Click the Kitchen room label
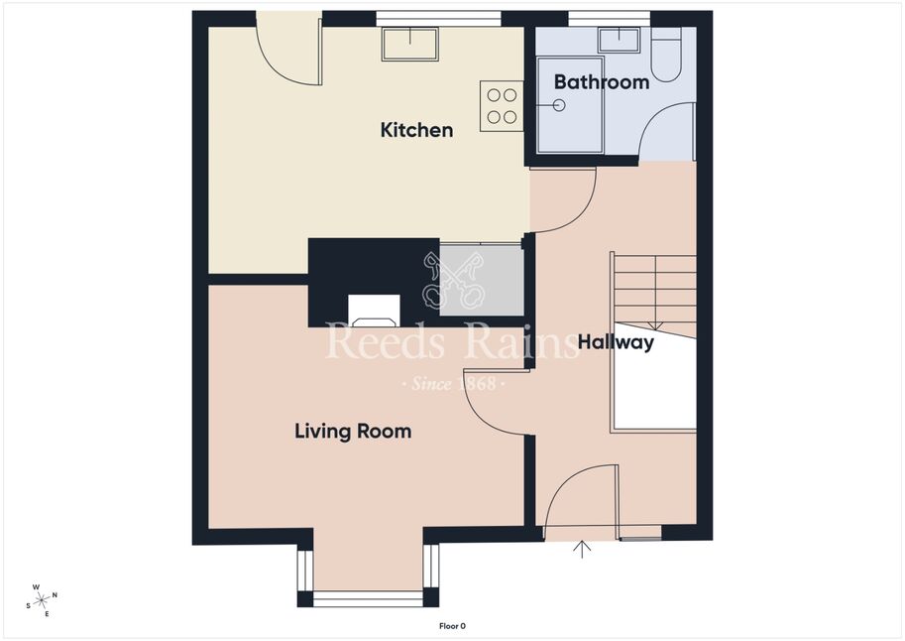[416, 130]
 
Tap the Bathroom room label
[602, 82]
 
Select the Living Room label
[353, 432]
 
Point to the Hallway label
[616, 342]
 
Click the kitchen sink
[409, 44]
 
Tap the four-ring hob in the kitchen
[502, 106]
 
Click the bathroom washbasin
[619, 40]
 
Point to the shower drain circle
[559, 106]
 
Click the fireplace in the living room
[374, 311]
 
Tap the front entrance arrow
[582, 549]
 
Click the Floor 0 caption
[452, 626]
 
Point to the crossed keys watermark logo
[453, 280]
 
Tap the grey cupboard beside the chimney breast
[482, 281]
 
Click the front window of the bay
[368, 598]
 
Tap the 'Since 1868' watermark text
[453, 383]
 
